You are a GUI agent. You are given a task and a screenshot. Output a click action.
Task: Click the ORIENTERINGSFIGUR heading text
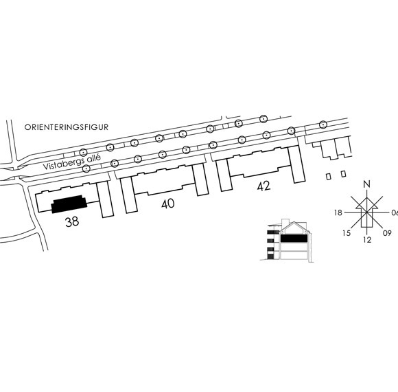(67, 127)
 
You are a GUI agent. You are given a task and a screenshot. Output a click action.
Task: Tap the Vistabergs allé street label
(72, 162)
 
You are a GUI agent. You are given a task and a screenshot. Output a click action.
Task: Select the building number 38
(72, 221)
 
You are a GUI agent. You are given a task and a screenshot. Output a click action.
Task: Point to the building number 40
(168, 204)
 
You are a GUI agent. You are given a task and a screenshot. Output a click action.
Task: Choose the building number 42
(264, 186)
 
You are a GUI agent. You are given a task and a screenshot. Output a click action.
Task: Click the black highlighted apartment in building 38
(69, 204)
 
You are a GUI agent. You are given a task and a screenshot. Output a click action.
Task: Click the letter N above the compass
(367, 184)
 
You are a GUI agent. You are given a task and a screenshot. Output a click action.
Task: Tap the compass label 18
(338, 213)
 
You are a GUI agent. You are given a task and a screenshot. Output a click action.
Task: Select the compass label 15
(347, 233)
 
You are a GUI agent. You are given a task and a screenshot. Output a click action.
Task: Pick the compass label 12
(367, 239)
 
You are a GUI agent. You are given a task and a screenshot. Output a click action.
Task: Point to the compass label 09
(387, 233)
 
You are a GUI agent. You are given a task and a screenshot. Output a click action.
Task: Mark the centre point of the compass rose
(367, 212)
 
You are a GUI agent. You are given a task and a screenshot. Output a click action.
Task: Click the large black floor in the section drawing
(294, 239)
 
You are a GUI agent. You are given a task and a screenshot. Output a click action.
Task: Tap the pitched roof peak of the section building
(294, 222)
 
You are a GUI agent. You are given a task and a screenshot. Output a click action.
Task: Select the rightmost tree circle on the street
(323, 124)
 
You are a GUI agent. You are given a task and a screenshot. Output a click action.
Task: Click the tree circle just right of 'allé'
(115, 163)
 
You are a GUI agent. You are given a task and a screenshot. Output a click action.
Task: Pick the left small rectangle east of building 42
(329, 176)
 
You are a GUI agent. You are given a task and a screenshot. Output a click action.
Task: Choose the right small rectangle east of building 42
(343, 174)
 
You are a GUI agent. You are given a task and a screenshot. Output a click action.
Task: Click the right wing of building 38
(105, 199)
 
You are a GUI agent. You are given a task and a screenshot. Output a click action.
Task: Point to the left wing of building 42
(224, 175)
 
